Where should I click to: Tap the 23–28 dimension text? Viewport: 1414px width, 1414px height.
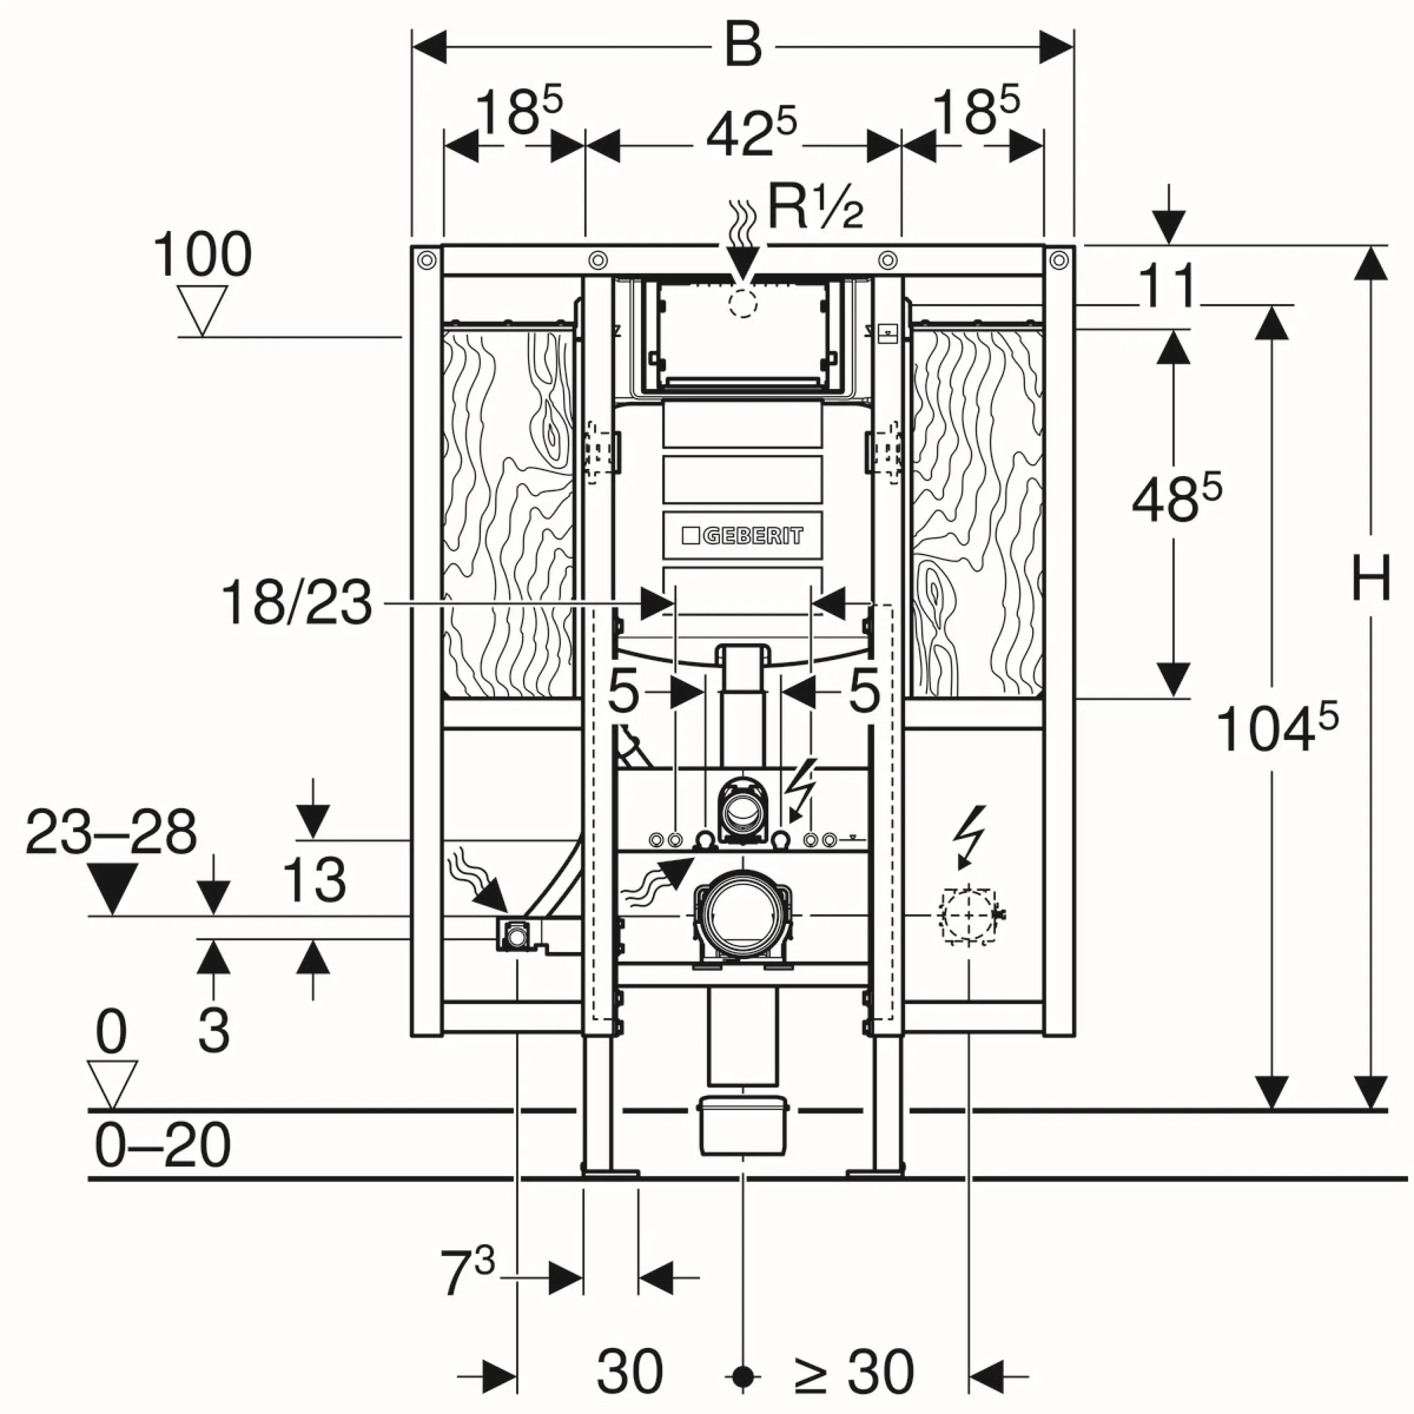[111, 833]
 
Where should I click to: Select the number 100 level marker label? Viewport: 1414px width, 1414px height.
[202, 255]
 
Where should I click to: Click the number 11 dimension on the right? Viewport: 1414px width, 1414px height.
[1167, 286]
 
